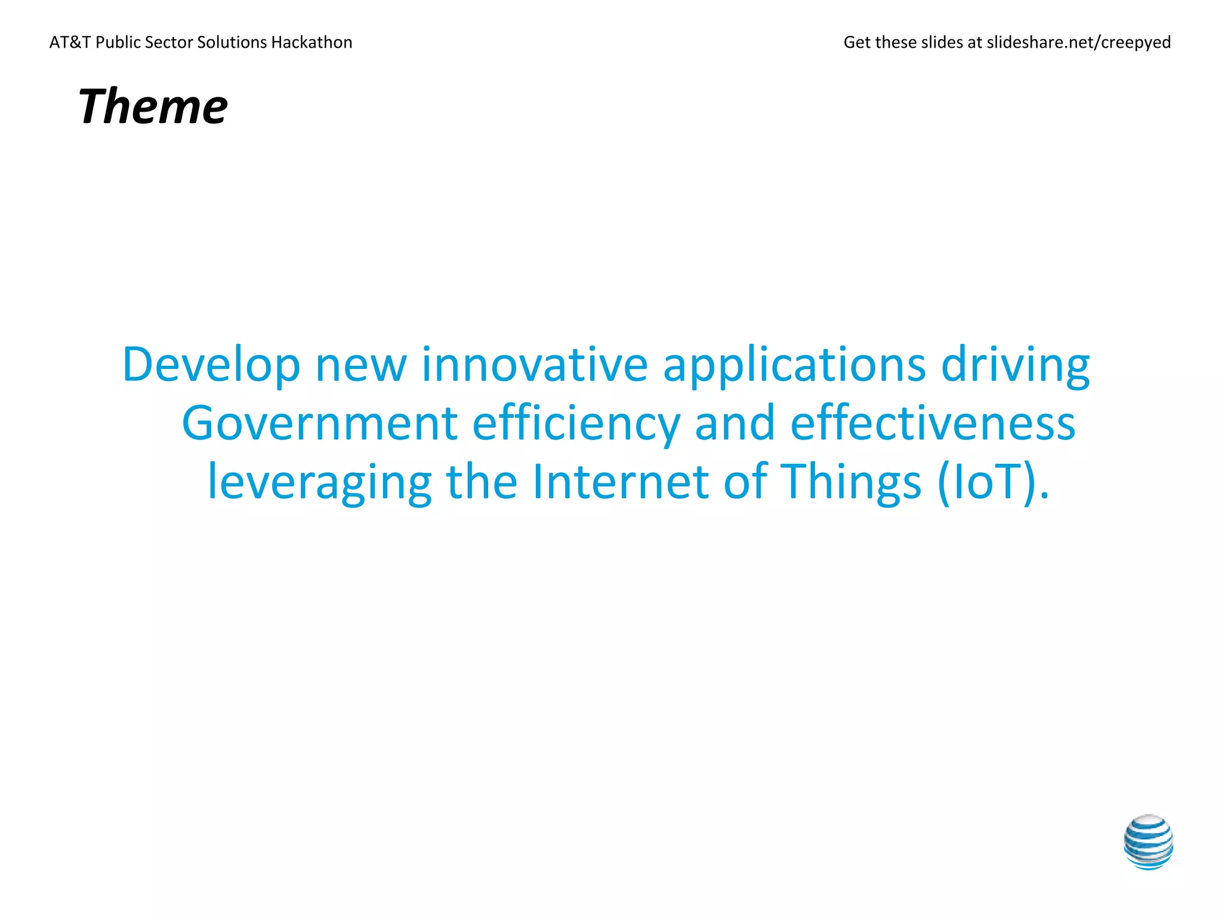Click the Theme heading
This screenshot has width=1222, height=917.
153,106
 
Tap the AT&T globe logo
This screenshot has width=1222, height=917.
1148,842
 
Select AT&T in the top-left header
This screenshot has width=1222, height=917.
70,42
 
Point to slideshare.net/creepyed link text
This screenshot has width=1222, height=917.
1079,42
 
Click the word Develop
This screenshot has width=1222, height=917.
211,365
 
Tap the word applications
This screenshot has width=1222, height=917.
794,365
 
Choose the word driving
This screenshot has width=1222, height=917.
1016,365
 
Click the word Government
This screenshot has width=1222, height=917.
320,423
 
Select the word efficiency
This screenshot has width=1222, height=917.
576,424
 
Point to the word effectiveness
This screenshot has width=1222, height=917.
933,423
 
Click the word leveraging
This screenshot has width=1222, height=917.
319,482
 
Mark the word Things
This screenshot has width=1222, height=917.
852,482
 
